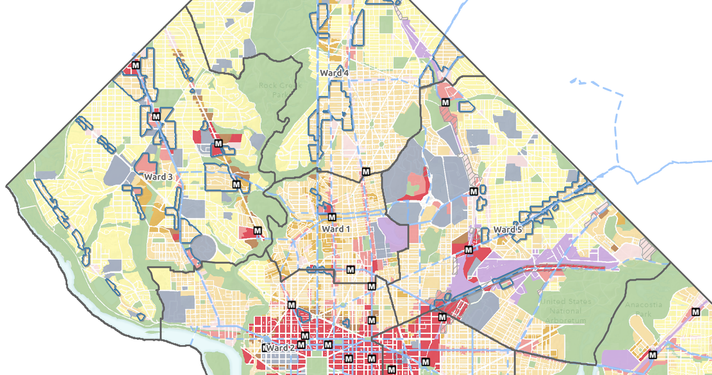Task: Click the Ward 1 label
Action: pyautogui.click(x=336, y=229)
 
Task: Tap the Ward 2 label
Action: pyautogui.click(x=281, y=348)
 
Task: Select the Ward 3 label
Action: pyautogui.click(x=158, y=177)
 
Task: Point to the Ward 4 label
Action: pyautogui.click(x=334, y=73)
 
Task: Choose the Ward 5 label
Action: pyautogui.click(x=508, y=230)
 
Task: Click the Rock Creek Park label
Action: pyautogui.click(x=280, y=90)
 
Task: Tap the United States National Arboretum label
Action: pyautogui.click(x=566, y=310)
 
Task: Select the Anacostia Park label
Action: pyautogui.click(x=643, y=309)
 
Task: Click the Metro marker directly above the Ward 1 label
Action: pyautogui.click(x=332, y=218)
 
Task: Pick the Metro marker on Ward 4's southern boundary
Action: pyautogui.click(x=366, y=172)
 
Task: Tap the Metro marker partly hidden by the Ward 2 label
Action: pyautogui.click(x=266, y=348)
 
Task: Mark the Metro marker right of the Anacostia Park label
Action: pyautogui.click(x=696, y=312)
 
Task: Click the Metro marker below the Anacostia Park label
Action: pyautogui.click(x=653, y=355)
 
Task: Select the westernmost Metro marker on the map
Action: pyautogui.click(x=136, y=65)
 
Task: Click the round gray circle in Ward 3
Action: pyautogui.click(x=203, y=248)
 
